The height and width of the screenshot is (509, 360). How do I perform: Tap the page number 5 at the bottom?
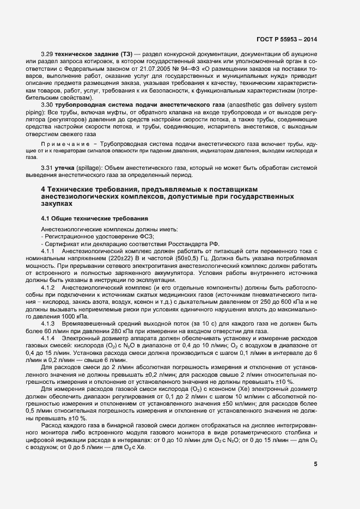point(315,464)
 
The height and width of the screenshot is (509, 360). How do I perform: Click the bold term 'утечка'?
point(70,169)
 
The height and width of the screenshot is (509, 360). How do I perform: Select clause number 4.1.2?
point(49,286)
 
